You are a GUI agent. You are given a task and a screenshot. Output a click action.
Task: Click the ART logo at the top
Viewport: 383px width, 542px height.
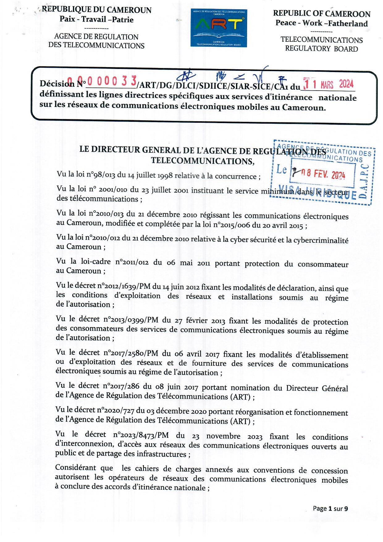pos(219,28)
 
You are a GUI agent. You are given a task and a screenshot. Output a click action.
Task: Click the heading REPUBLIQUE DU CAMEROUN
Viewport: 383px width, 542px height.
pos(96,10)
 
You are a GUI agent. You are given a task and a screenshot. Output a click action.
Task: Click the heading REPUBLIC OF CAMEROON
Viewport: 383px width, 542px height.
pos(322,14)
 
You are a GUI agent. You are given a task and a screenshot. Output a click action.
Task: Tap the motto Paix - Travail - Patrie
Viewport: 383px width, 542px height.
pos(96,20)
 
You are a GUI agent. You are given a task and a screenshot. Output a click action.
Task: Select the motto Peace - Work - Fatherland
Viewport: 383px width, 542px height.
pos(322,23)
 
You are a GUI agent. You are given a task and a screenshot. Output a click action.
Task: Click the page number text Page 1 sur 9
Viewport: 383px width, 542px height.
pos(330,508)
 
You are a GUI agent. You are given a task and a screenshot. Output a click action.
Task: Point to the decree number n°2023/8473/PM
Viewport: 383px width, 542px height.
pos(141,435)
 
